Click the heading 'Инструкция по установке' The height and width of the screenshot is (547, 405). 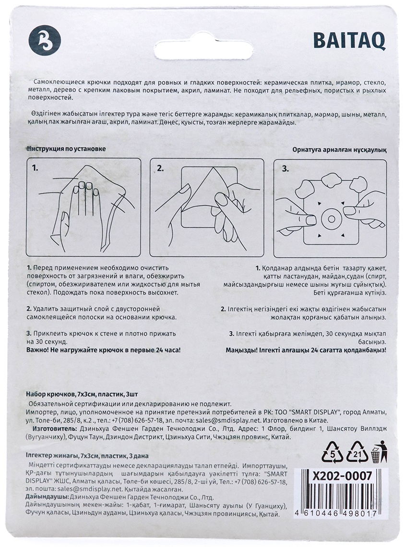(x=66, y=149)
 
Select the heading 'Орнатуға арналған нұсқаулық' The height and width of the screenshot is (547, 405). (x=339, y=150)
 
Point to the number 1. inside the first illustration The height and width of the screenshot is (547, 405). (x=35, y=168)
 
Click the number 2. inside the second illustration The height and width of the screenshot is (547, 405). (x=160, y=168)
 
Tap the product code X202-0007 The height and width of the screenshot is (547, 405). (x=342, y=476)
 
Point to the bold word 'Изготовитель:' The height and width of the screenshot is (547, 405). (x=54, y=428)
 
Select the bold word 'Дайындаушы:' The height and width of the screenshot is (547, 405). (x=48, y=497)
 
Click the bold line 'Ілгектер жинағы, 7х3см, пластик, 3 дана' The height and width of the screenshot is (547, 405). (x=87, y=456)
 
